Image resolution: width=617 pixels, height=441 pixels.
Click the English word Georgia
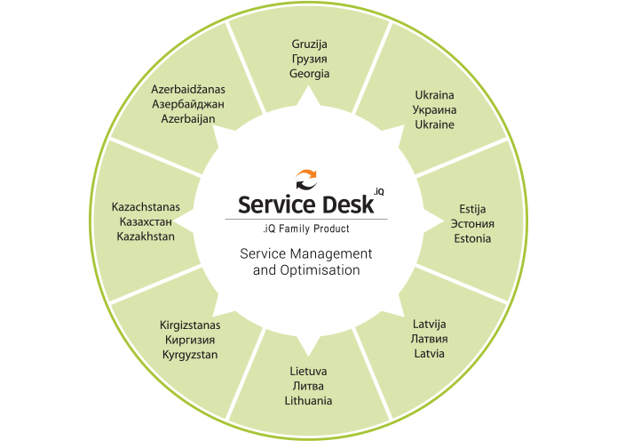tap(309, 74)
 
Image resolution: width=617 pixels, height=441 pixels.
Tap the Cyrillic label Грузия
tap(309, 59)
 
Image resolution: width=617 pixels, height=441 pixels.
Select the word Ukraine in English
tap(434, 124)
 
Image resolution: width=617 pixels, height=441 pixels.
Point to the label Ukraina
tap(434, 94)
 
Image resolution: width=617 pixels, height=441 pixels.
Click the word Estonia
tap(471, 238)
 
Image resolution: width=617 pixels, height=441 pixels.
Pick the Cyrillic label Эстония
tap(471, 223)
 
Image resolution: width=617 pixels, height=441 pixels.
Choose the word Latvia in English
tap(429, 354)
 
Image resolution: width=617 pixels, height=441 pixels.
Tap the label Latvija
tap(429, 324)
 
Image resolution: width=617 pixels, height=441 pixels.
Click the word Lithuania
tap(308, 401)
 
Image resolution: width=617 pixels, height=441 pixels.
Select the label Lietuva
tap(308, 371)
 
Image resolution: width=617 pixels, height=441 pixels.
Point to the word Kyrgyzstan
tap(190, 355)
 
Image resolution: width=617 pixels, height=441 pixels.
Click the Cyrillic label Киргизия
tap(190, 340)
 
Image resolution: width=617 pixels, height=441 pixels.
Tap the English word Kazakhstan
tap(146, 237)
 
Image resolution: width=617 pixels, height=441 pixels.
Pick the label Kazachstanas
tap(146, 206)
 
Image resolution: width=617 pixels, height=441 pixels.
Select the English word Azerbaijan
tap(188, 118)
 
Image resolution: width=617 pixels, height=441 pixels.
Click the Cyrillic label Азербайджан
tap(188, 103)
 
